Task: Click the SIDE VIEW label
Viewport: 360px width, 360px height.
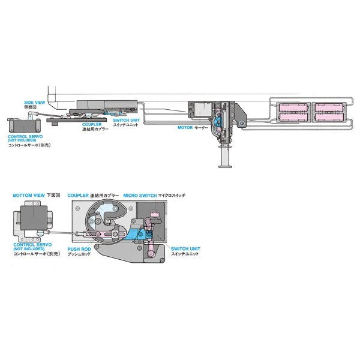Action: coord(35,103)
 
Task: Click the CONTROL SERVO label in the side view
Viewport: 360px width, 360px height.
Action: coord(23,137)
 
